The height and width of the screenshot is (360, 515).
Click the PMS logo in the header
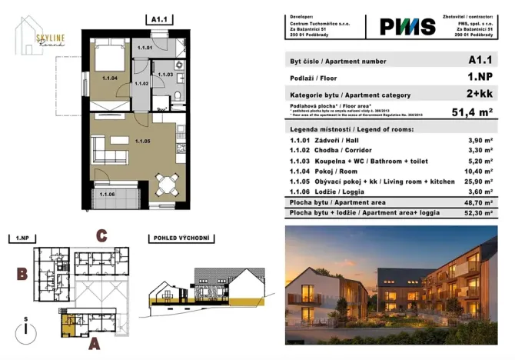point(407,27)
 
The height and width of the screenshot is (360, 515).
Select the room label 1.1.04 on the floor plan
point(109,77)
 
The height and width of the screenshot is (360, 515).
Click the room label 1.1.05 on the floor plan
point(142,141)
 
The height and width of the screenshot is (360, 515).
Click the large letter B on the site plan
point(23,273)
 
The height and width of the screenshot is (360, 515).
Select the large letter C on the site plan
point(101,236)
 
